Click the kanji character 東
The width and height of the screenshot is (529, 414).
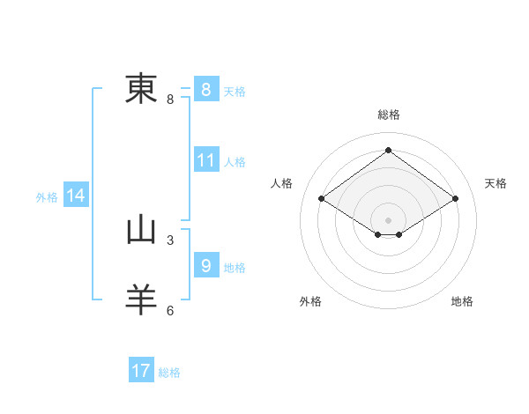(141, 88)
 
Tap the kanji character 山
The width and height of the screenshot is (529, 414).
(141, 231)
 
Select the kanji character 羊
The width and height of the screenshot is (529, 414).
(141, 299)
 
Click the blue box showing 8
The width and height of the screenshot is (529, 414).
(205, 90)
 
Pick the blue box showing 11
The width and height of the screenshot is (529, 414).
(206, 161)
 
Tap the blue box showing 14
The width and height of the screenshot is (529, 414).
(76, 196)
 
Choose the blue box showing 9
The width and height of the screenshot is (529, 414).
(205, 265)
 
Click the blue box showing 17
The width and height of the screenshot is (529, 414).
(141, 371)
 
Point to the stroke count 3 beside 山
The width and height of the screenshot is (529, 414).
(170, 239)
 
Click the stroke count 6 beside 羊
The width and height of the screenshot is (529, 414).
(170, 310)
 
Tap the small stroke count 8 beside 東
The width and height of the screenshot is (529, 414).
(170, 99)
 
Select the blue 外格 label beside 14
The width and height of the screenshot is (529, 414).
(47, 197)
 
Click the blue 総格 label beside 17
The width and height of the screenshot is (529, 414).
(169, 373)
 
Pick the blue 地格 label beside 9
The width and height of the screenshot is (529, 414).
(235, 268)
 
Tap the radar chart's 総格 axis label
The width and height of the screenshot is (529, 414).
(389, 115)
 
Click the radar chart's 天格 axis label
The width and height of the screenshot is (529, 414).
(496, 183)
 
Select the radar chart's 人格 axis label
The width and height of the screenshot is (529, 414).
(281, 183)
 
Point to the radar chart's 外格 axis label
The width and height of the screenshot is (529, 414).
(310, 301)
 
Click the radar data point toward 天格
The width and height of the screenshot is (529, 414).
(455, 199)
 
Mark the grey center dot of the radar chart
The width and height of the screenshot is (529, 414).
(388, 219)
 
